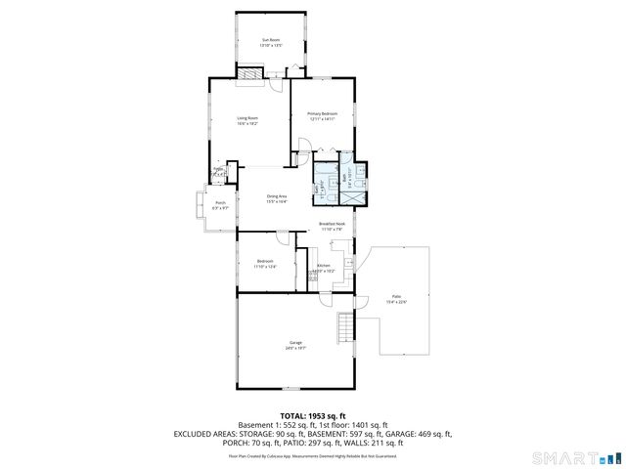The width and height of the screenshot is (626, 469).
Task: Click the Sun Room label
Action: [271, 40]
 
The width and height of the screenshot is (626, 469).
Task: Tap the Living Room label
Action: [247, 118]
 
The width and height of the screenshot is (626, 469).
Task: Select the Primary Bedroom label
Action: [322, 113]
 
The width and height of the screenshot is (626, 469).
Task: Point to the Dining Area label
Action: [277, 196]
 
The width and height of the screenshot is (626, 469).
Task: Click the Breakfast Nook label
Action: [334, 224]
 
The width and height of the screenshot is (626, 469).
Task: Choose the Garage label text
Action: [294, 342]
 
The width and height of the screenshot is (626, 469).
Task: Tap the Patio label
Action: [397, 296]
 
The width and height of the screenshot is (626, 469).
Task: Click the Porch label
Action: [221, 203]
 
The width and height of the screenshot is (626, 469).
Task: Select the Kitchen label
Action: [324, 266]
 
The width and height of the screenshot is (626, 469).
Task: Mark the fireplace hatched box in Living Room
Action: [251, 71]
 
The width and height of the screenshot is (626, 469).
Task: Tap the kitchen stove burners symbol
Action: [314, 277]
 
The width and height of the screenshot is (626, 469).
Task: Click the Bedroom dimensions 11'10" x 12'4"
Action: [266, 266]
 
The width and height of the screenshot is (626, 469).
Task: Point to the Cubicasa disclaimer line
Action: [312, 455]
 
